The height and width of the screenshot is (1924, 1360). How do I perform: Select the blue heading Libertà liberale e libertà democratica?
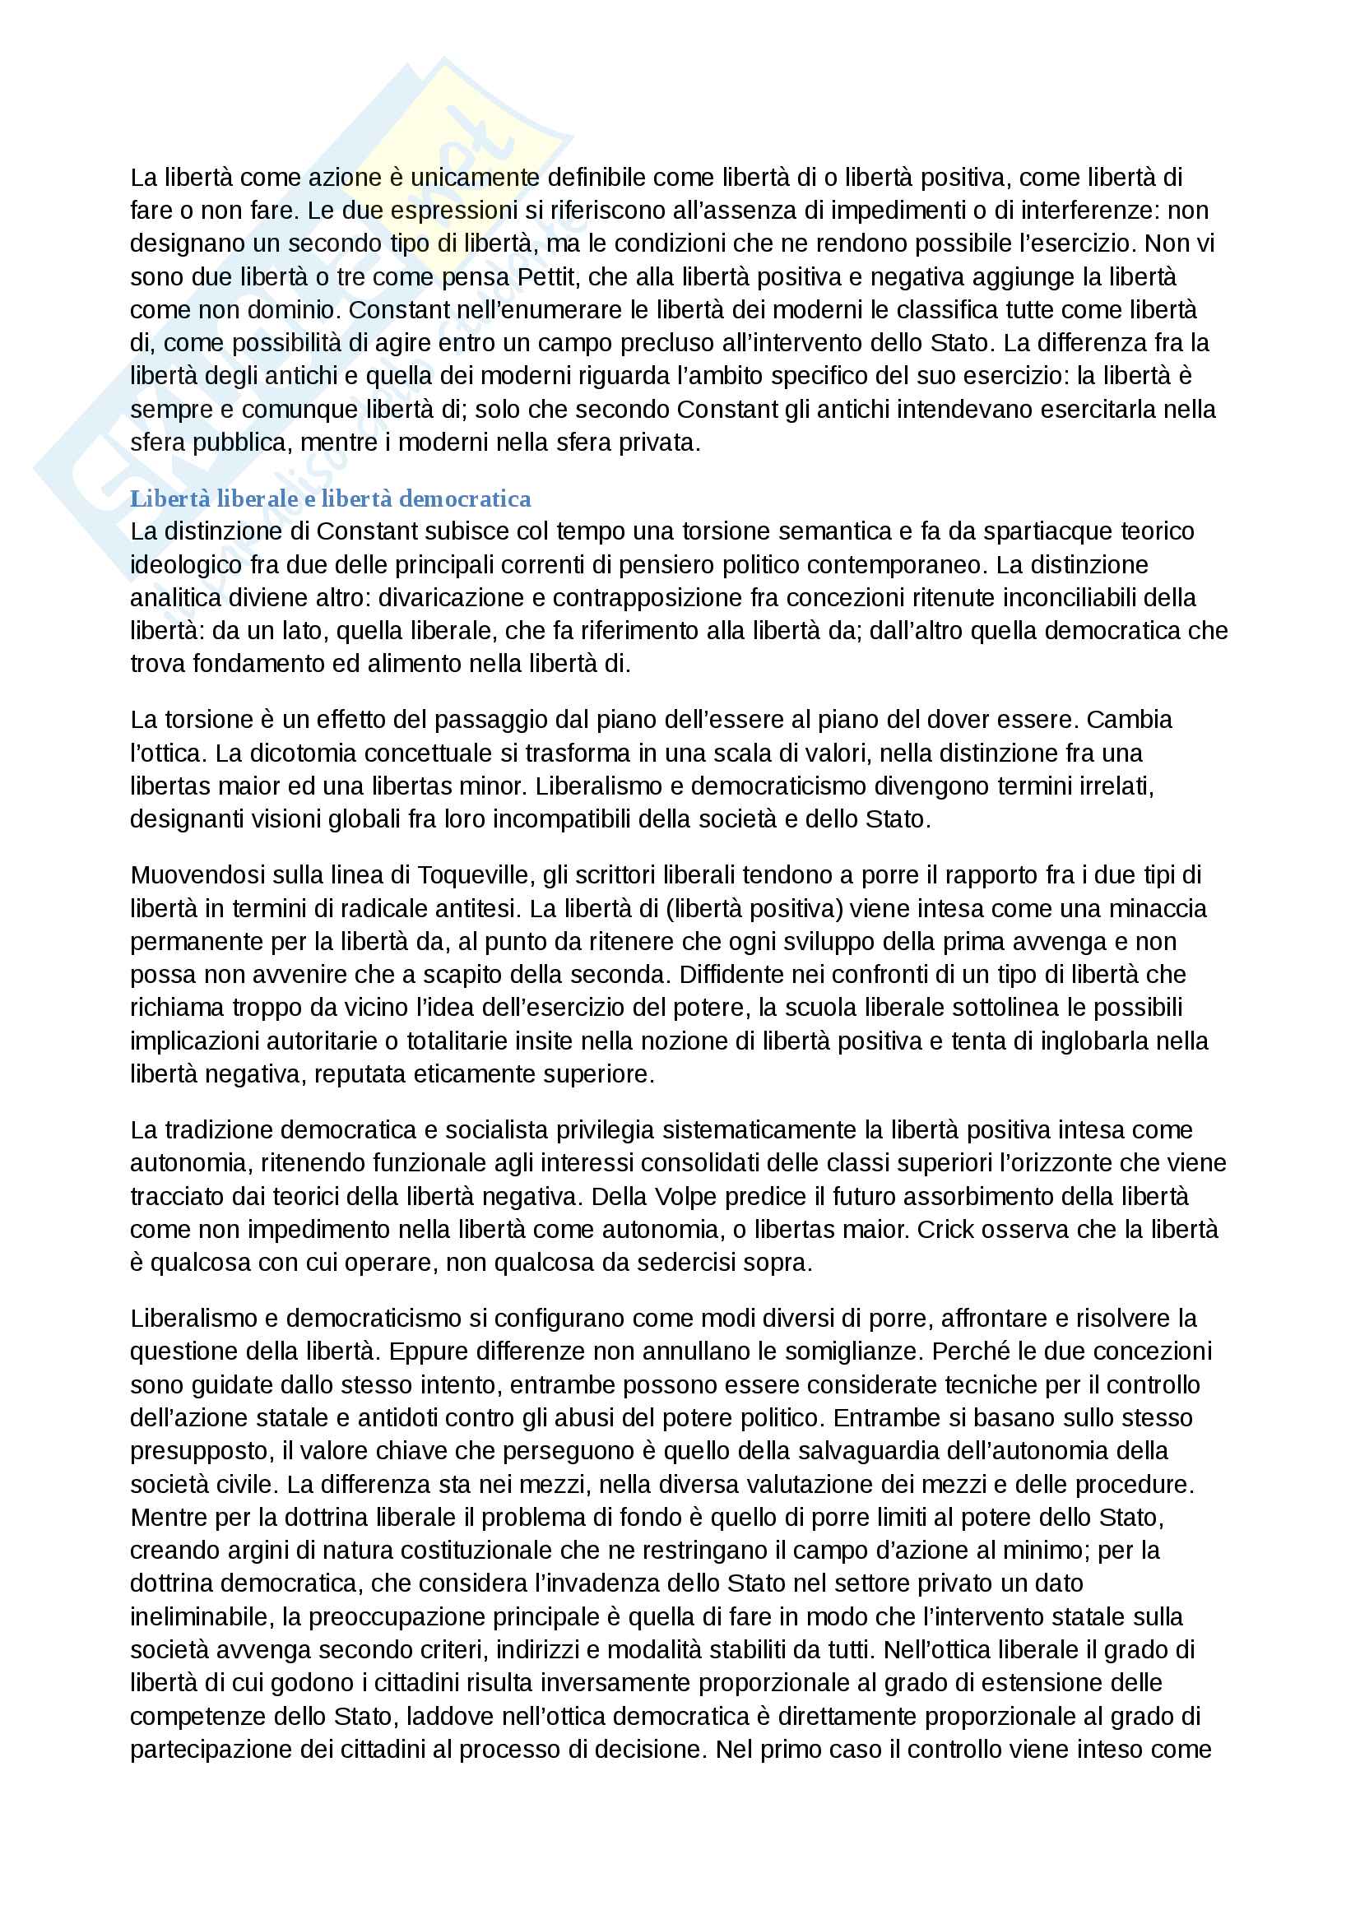pyautogui.click(x=330, y=498)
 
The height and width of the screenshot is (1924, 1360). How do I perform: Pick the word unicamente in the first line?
pyautogui.click(x=474, y=178)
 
